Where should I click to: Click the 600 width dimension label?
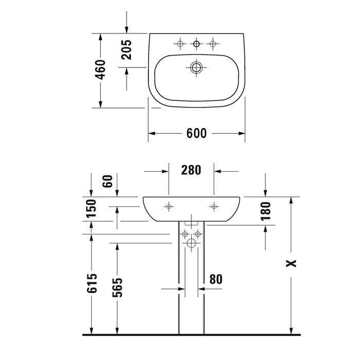(196, 133)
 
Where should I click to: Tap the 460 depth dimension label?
(101, 69)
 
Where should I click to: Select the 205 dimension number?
(127, 50)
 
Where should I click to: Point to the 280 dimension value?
(191, 170)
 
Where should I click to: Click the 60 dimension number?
(107, 182)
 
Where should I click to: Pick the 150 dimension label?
(91, 208)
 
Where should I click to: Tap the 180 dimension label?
(266, 211)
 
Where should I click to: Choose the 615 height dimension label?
(92, 283)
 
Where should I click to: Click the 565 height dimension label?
(117, 287)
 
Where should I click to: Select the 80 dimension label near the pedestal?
(216, 279)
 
